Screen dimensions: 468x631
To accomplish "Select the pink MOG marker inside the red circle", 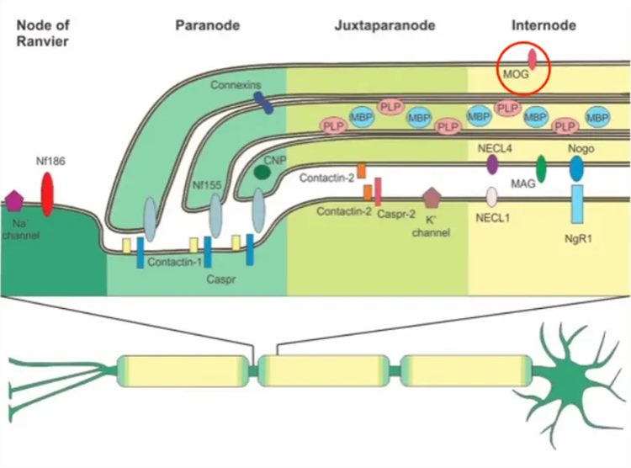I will [531, 59].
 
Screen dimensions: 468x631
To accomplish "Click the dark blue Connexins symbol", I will [264, 103].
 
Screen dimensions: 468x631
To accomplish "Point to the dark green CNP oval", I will [262, 172].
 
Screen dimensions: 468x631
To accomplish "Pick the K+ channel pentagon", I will [433, 198].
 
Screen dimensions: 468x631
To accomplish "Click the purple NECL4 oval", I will [492, 164].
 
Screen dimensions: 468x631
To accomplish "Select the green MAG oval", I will [542, 169].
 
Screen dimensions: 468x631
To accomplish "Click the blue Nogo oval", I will [576, 168].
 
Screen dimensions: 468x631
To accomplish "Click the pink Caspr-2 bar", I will [379, 191].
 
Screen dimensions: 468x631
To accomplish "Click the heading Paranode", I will [207, 25].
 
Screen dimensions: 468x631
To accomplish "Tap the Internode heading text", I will [544, 25].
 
